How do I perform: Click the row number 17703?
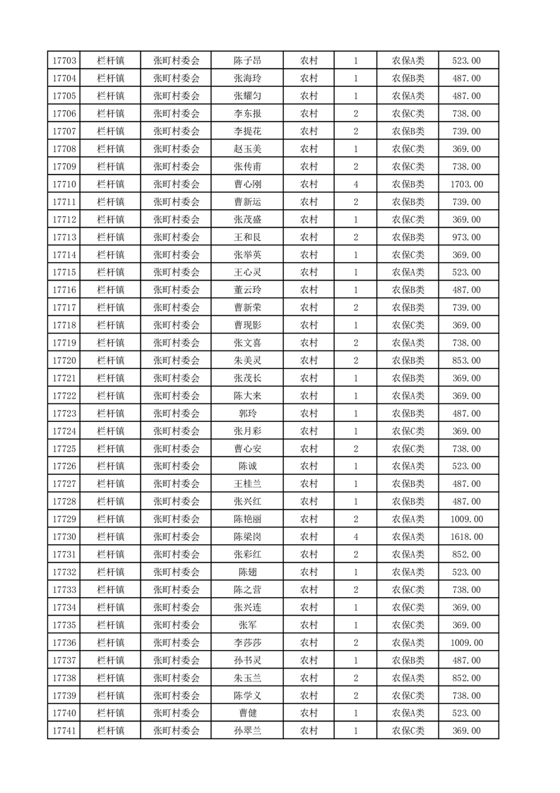pos(64,61)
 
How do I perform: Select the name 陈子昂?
pos(247,61)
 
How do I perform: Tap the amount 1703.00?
pos(466,184)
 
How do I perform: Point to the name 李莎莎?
pos(247,642)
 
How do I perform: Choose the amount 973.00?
pos(466,237)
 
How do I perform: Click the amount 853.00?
pos(466,360)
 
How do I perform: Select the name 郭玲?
pos(247,413)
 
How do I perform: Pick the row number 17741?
pos(64,731)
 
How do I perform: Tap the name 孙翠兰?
pos(247,731)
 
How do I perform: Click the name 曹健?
pos(247,713)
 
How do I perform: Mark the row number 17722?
pos(64,396)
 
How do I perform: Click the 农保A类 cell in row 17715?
pos(407,272)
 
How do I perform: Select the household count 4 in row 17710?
pos(355,184)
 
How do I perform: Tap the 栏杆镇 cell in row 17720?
pos(111,360)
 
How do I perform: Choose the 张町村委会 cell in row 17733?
pos(177,589)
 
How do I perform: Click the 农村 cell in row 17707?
pos(309,131)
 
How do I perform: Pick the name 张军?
pos(247,625)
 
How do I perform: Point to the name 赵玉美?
pos(247,149)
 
